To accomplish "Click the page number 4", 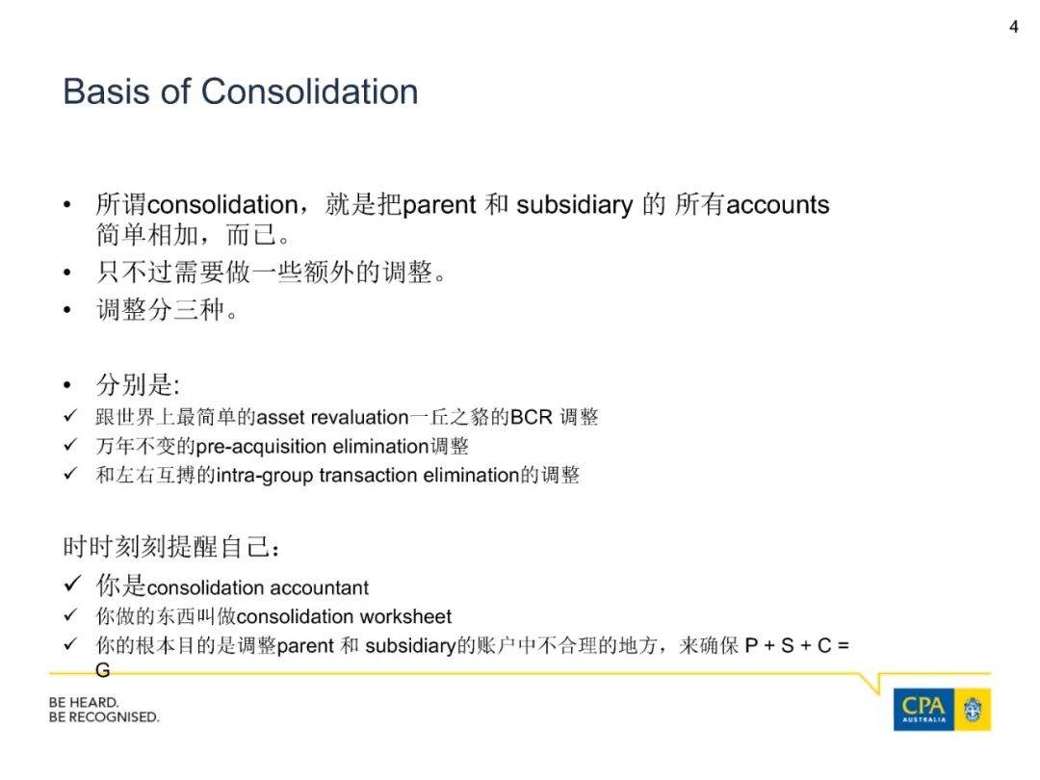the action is (1013, 27).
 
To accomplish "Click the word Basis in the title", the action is (106, 91).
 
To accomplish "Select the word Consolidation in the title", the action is (310, 91).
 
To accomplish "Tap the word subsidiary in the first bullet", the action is (574, 205).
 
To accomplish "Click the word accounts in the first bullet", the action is (777, 205).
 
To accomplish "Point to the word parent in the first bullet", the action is (439, 206).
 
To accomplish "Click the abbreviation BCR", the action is (532, 417).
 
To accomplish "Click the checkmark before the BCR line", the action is (70, 416).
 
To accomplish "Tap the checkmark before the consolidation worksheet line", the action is (70, 614).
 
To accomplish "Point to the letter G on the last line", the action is (103, 670).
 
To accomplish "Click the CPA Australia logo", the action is (942, 709).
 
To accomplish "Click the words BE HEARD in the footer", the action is (84, 702).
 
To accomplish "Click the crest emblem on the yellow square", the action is (973, 710).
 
